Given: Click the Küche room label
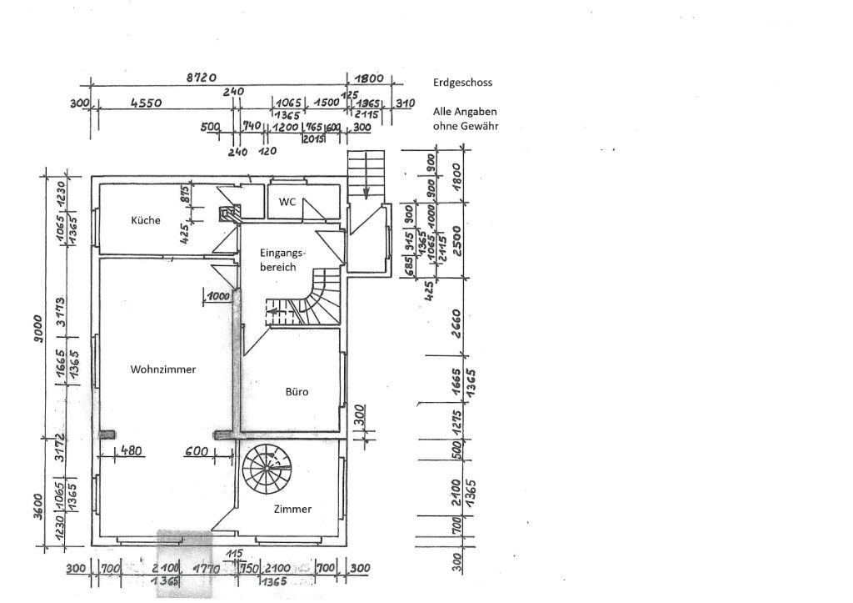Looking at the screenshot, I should (145, 221).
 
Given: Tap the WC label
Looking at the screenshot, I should (287, 202).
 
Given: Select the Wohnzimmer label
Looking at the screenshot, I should (163, 369).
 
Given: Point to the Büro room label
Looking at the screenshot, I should (297, 390).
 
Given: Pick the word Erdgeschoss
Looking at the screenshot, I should (462, 83).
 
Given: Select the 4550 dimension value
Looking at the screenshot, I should (145, 103).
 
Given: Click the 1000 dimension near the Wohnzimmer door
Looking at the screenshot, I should (219, 295).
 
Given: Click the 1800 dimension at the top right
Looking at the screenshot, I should (370, 78).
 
